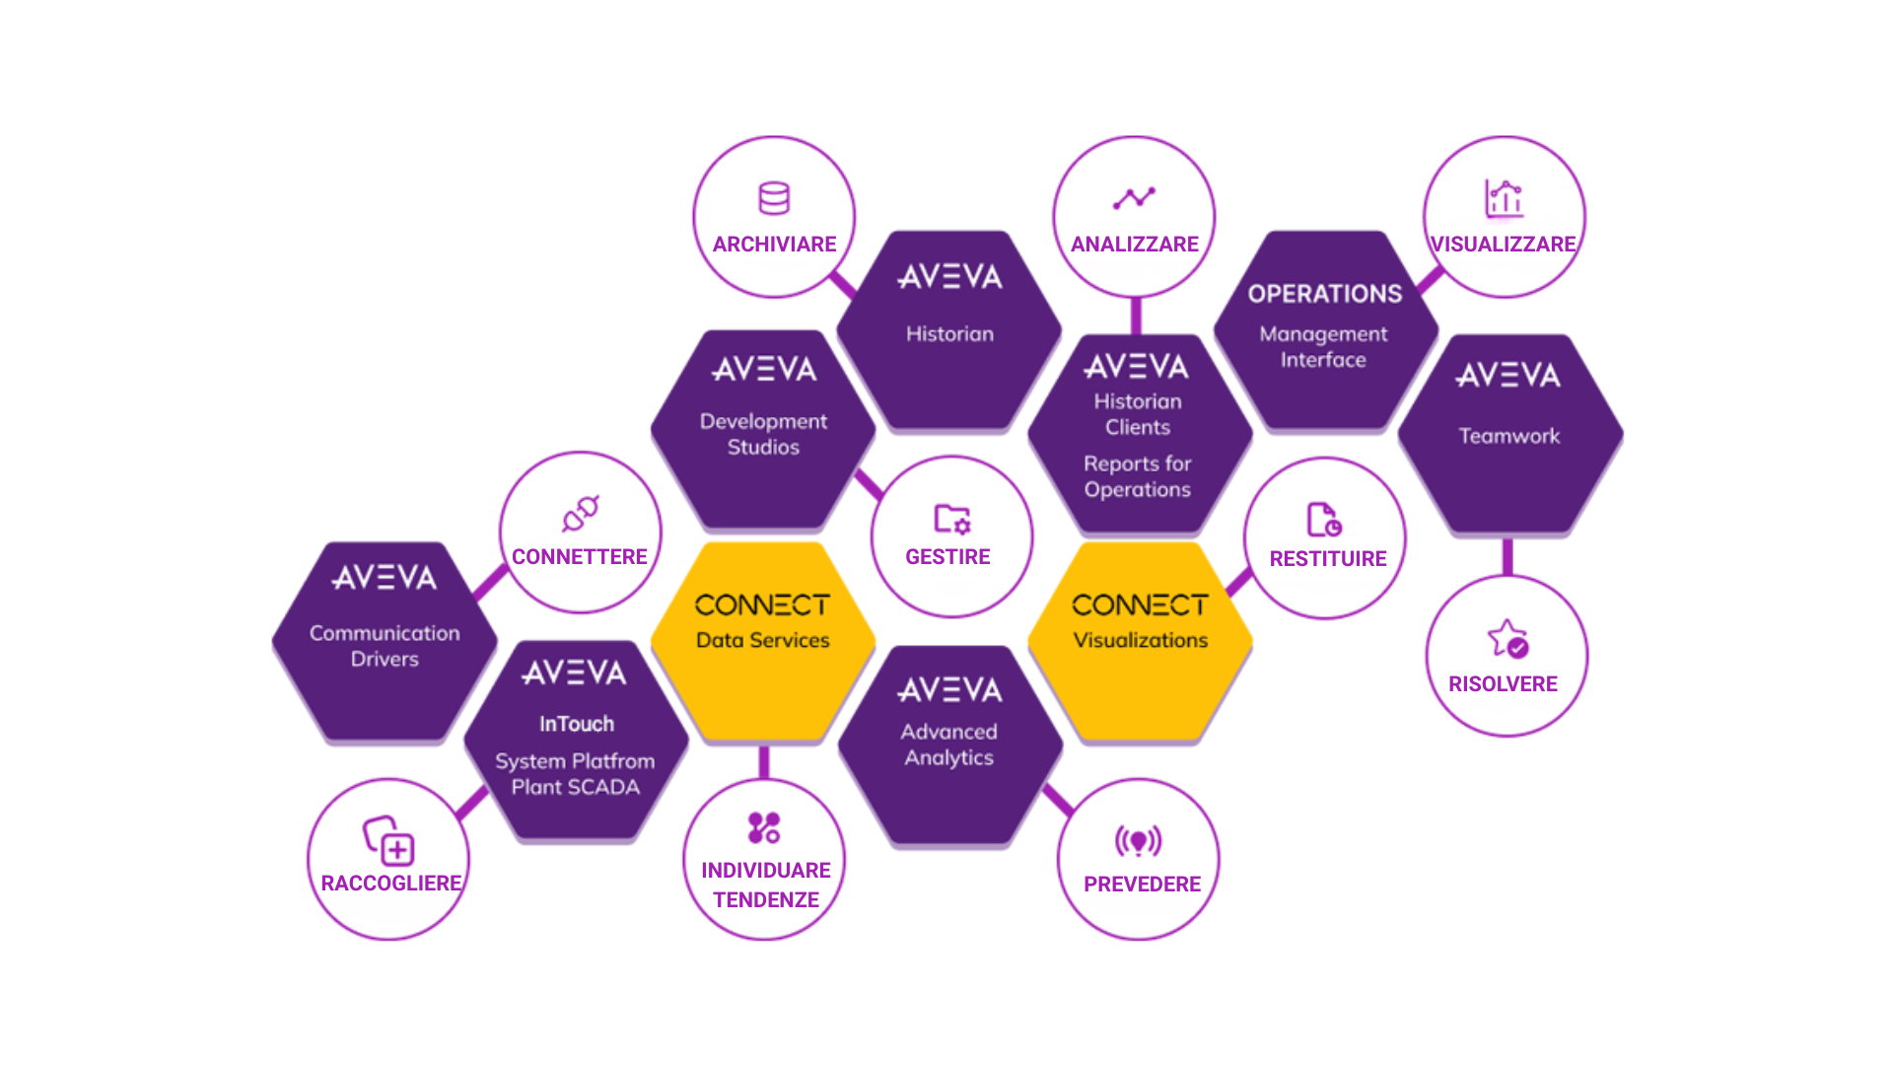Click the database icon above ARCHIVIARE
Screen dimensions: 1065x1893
point(774,198)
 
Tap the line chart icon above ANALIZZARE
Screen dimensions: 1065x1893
point(1134,198)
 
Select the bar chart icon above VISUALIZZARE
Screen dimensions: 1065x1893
point(1505,198)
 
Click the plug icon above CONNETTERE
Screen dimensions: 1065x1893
point(581,514)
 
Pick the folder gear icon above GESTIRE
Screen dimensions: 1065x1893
point(952,519)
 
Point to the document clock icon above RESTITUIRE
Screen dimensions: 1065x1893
point(1324,519)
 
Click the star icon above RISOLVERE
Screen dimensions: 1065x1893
point(1507,638)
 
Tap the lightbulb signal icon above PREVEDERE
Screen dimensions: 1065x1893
point(1139,841)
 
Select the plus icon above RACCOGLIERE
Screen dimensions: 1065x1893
point(389,840)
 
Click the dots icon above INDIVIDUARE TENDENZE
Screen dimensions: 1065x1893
point(764,828)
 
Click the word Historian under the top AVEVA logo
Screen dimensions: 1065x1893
point(949,334)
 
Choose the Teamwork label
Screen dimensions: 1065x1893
point(1508,436)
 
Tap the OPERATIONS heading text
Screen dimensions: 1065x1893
point(1324,294)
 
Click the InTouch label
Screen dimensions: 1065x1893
point(577,724)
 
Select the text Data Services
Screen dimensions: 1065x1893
point(762,640)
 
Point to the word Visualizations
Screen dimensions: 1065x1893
point(1140,640)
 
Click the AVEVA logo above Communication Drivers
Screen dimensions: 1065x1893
point(385,578)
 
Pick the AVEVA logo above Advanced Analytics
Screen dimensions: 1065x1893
point(949,690)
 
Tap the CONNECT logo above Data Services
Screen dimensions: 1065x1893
point(762,604)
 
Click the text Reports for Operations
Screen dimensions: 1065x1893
point(1138,476)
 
